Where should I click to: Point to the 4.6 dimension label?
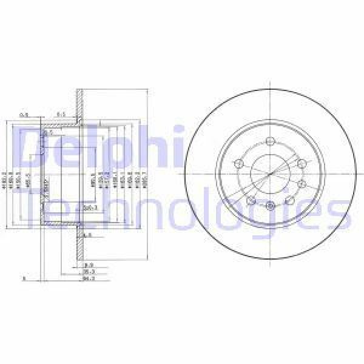pos(87,235)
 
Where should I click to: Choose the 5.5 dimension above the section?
pos(61,113)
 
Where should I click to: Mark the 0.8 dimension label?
pos(25,113)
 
